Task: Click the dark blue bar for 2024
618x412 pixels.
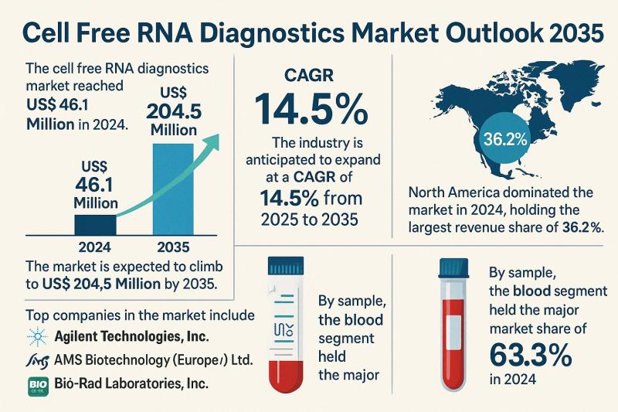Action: click(x=96, y=224)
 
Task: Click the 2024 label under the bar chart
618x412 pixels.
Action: click(x=96, y=250)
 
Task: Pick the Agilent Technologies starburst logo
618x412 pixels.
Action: click(x=36, y=336)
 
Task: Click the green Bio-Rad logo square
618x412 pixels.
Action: click(x=36, y=383)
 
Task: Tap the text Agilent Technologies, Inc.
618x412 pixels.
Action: click(x=133, y=336)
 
